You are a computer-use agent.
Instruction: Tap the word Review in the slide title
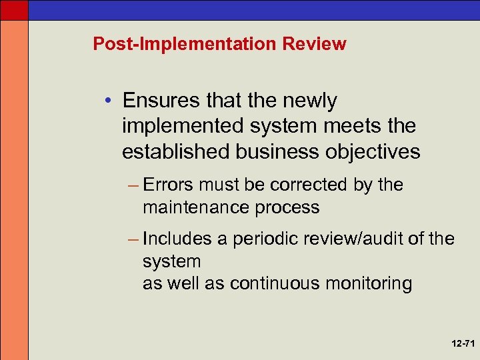coord(315,45)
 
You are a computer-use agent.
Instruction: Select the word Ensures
coord(159,101)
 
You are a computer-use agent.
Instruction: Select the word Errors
coord(170,185)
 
